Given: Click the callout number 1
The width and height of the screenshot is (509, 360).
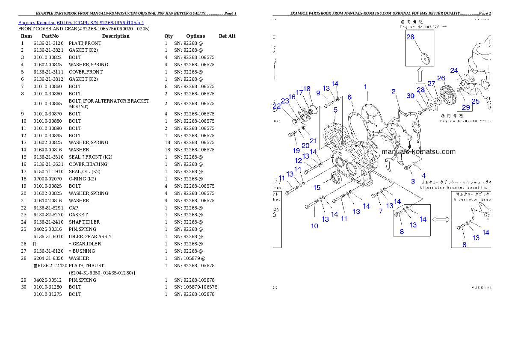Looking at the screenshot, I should (x=365, y=87).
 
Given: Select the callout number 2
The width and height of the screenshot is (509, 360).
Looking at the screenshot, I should (x=393, y=91).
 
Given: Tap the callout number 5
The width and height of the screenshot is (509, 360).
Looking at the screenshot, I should (x=335, y=109).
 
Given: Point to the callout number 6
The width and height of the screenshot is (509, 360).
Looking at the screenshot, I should (x=349, y=97).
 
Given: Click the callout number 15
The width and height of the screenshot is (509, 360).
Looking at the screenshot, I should (x=317, y=187).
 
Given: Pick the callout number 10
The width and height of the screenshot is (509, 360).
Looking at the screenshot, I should (x=314, y=226).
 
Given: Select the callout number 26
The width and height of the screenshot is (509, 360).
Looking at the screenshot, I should (x=441, y=78).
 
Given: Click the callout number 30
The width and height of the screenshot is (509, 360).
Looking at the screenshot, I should (x=411, y=96).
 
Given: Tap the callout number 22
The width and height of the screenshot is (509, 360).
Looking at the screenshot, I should (x=277, y=106).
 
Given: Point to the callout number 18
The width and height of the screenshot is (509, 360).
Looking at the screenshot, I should (x=307, y=89).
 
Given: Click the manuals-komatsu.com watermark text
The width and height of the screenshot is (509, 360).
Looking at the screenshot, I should (x=418, y=151).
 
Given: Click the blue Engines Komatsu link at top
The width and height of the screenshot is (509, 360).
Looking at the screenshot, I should (x=81, y=22).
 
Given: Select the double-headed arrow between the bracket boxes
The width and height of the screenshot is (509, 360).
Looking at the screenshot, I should (x=441, y=219).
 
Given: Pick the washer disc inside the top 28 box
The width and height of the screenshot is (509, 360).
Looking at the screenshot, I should (x=425, y=58).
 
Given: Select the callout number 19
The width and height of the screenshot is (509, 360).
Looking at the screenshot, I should (x=296, y=150).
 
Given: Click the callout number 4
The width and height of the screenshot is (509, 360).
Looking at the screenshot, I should (x=423, y=175).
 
